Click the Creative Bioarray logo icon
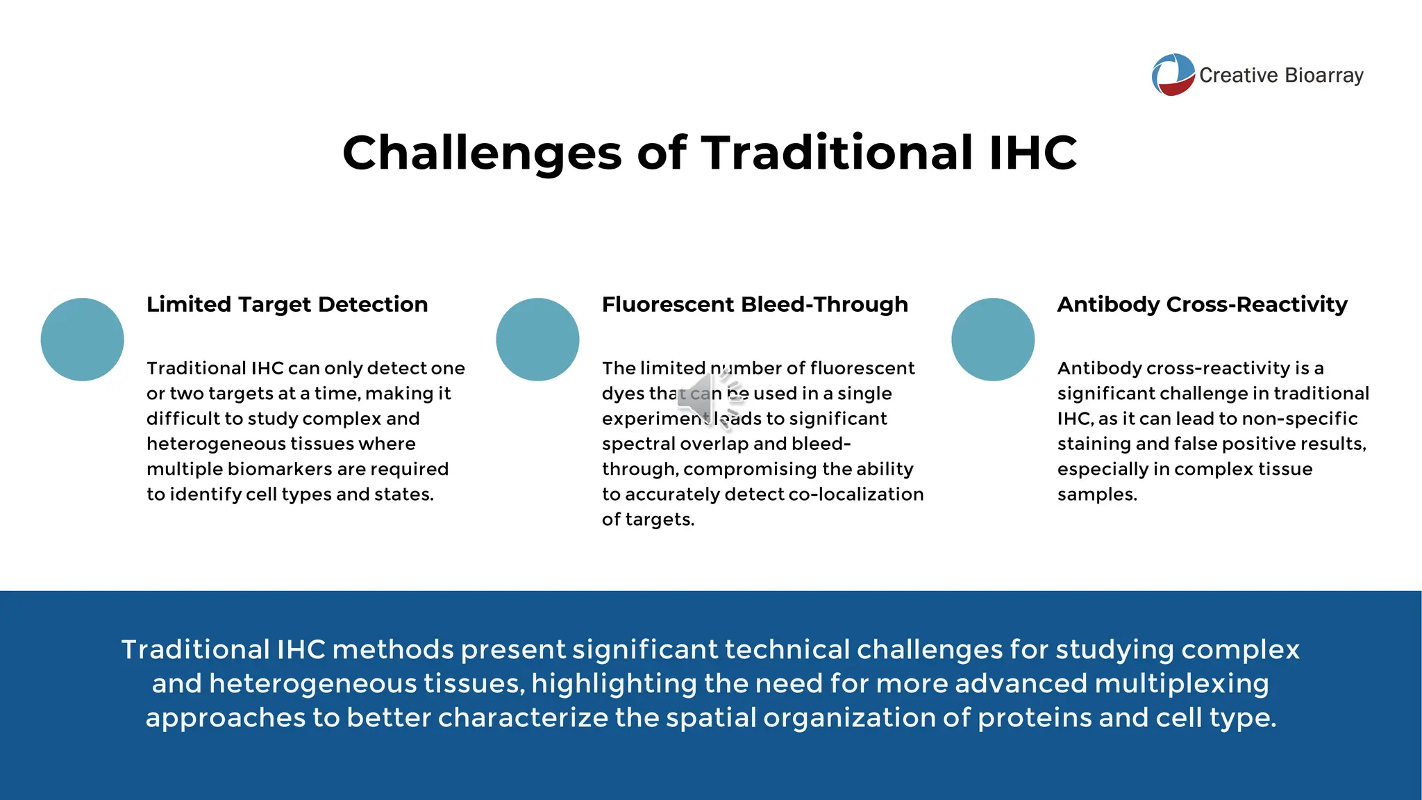point(1173,75)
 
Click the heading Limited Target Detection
point(287,304)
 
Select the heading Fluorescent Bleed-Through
point(755,304)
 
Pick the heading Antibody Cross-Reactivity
point(1202,304)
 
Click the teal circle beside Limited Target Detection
point(83,340)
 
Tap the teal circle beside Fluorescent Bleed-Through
point(537,340)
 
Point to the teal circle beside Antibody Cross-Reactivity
point(993,340)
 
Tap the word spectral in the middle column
point(638,444)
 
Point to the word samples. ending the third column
point(1097,494)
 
